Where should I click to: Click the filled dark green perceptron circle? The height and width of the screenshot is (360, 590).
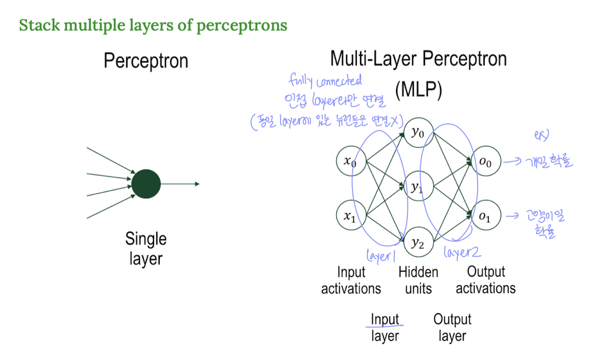click(146, 184)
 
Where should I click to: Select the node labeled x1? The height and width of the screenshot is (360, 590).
click(350, 217)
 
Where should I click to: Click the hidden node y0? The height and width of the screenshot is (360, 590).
click(418, 133)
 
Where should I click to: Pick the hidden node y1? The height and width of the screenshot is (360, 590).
click(418, 188)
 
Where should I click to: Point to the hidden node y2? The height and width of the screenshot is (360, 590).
click(418, 243)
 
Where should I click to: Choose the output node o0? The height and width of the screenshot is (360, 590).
click(485, 161)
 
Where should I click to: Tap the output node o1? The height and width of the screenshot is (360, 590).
click(485, 217)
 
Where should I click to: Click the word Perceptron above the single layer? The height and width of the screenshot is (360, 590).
click(146, 61)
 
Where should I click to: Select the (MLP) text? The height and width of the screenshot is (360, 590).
click(418, 90)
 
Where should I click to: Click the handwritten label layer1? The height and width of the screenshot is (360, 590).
click(380, 256)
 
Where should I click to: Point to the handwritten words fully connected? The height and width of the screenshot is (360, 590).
click(325, 81)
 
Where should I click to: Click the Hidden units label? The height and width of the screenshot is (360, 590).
click(418, 280)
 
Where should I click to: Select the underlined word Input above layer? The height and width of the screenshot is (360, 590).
click(385, 320)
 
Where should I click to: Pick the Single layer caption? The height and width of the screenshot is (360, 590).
click(146, 248)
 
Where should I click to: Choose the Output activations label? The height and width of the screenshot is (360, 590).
click(486, 280)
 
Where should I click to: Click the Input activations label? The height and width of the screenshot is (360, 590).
click(351, 280)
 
